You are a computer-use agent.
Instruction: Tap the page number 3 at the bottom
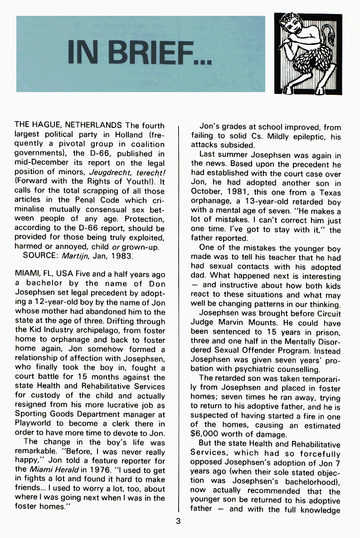click(178, 521)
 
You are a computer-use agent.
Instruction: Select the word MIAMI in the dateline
click(27, 275)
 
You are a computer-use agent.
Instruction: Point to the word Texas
click(330, 192)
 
